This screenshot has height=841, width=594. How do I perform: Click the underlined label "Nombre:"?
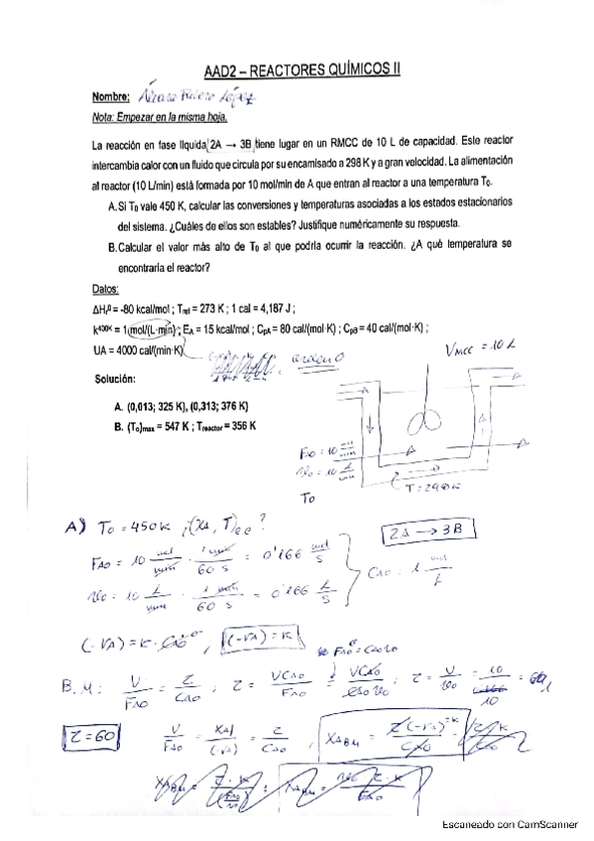(x=110, y=97)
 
